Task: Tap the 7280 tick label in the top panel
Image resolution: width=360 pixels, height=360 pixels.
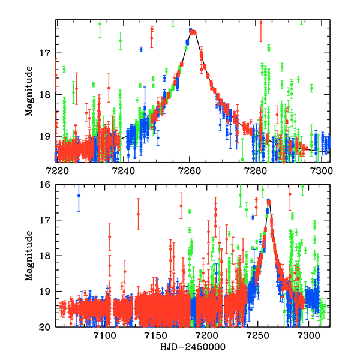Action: point(256,170)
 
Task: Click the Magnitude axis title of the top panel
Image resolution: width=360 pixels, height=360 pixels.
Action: point(29,91)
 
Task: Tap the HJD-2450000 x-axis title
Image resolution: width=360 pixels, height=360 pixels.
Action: point(191,347)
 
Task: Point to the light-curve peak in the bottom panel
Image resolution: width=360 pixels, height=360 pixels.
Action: point(268,201)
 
